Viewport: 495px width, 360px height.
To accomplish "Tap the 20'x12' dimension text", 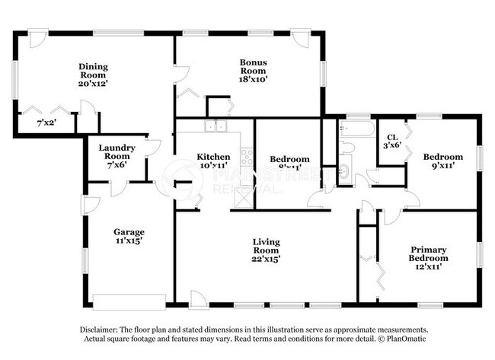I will pyautogui.click(x=94, y=84).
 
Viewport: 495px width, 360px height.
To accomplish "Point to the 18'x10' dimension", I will pyautogui.click(x=253, y=78).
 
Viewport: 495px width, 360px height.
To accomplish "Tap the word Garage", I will pyautogui.click(x=129, y=231).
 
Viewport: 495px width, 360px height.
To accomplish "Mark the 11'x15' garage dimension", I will pyautogui.click(x=129, y=241).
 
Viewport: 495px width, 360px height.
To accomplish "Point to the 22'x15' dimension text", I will pyautogui.click(x=267, y=259).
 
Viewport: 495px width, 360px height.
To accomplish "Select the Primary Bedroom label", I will pyautogui.click(x=428, y=253).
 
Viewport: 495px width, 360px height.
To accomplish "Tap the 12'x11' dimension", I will pyautogui.click(x=428, y=266).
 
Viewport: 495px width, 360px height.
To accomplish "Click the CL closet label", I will pyautogui.click(x=392, y=137).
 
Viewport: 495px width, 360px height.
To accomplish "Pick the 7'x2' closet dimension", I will pyautogui.click(x=47, y=122).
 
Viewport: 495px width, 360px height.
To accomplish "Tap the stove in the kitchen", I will pyautogui.click(x=247, y=158).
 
